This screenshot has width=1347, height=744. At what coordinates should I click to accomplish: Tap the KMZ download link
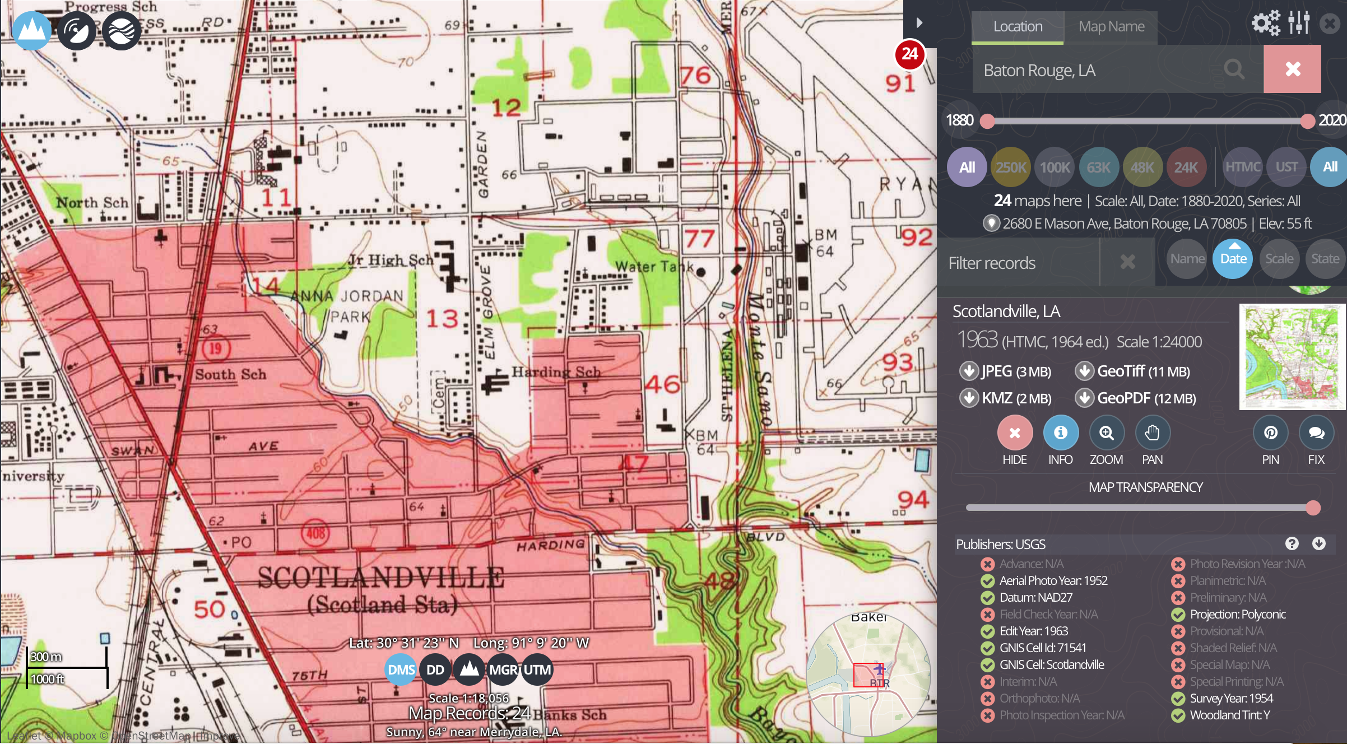[1006, 398]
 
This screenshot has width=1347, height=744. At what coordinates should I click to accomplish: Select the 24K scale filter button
[1186, 167]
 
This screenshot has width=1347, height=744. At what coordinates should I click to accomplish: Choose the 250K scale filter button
[1011, 167]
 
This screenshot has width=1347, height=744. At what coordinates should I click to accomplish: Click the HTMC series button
[1242, 167]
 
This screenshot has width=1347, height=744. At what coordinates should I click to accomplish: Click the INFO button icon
[1060, 433]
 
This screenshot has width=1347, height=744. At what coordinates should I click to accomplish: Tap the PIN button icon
[1270, 433]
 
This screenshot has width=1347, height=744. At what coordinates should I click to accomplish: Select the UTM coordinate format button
[537, 669]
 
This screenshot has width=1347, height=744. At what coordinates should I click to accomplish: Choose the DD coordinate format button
[435, 669]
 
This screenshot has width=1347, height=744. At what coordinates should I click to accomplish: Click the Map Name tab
[1111, 26]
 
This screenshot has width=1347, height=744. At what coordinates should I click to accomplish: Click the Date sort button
[1233, 259]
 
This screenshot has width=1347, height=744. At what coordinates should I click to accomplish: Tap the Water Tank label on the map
[654, 266]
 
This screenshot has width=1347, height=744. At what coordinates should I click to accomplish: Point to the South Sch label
[230, 374]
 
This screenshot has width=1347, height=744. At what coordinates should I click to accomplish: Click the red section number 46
[662, 384]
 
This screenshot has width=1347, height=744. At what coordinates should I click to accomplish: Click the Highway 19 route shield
[215, 348]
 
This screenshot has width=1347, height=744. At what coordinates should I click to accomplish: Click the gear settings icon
[1266, 23]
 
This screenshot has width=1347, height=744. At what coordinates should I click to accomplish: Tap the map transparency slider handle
[1313, 508]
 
